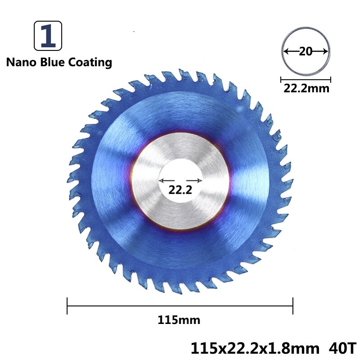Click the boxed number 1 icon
click(48, 36)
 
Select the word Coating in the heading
click(90, 62)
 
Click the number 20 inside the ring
click(305, 52)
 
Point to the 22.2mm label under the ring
click(306, 88)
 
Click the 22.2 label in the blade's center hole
click(180, 190)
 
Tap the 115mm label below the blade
click(179, 321)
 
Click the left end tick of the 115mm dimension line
click(67, 305)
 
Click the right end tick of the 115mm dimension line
click(293, 305)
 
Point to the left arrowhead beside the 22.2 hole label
click(161, 180)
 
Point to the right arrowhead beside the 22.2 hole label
click(201, 180)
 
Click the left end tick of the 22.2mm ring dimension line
click(281, 80)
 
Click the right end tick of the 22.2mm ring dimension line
click(331, 80)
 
